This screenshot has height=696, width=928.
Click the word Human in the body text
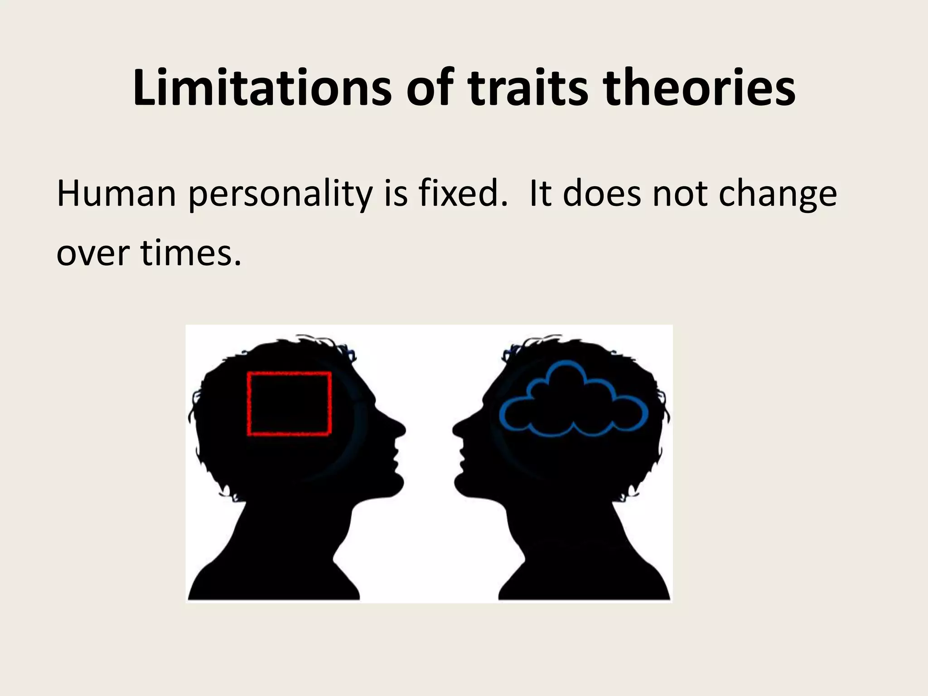point(116,194)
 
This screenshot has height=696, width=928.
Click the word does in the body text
point(603,194)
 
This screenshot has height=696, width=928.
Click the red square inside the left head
point(289,404)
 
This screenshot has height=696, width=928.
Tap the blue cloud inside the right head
point(574,401)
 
